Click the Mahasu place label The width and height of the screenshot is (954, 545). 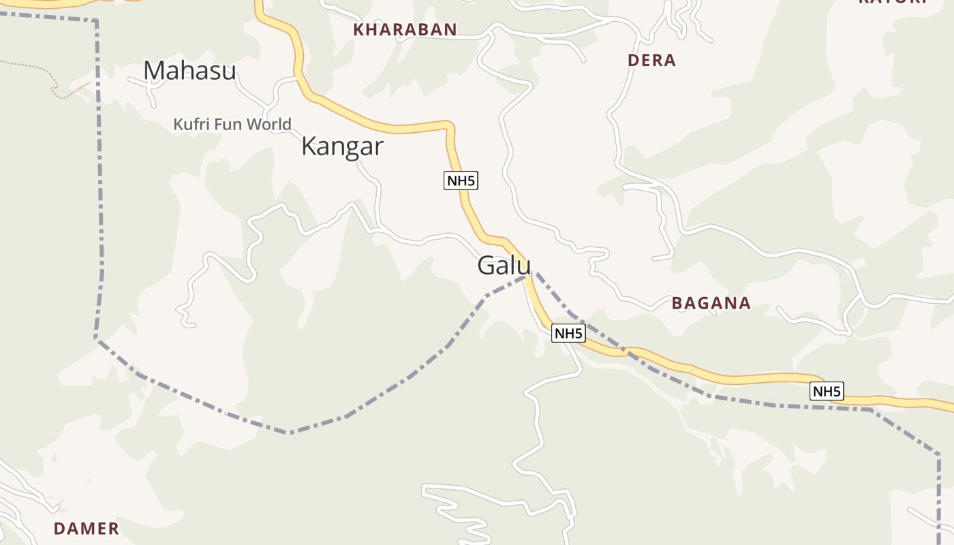tap(189, 71)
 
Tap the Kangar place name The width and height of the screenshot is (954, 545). tap(342, 146)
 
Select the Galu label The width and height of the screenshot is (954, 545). tap(504, 265)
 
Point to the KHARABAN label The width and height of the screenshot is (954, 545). tap(405, 29)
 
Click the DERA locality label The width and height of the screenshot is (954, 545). tap(651, 60)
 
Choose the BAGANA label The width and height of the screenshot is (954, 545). tap(711, 303)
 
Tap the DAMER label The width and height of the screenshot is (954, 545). tap(86, 528)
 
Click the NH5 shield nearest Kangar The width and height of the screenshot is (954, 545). tap(461, 181)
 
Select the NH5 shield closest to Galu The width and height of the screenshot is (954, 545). tap(568, 333)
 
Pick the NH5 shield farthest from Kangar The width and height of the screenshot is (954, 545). tap(827, 391)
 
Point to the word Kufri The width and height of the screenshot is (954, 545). tap(191, 124)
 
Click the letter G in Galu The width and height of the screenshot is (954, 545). tap(486, 265)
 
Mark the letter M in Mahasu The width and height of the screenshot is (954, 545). tap(154, 71)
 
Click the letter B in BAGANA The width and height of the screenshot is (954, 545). tap(677, 303)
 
